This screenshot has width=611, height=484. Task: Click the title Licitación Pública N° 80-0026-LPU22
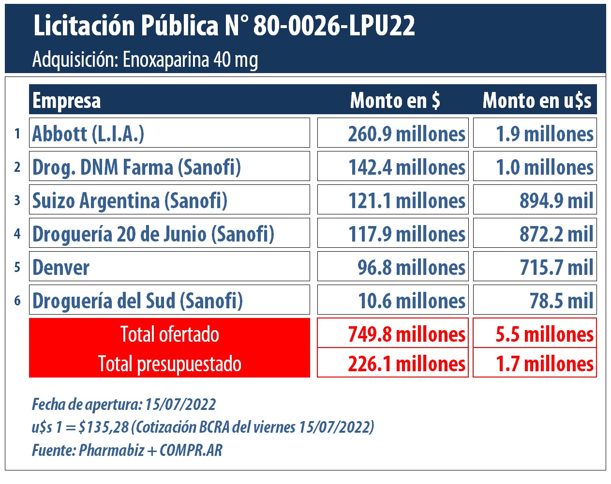click(224, 26)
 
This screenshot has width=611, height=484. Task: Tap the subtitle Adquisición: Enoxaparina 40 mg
click(145, 60)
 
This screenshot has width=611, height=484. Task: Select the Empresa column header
click(67, 101)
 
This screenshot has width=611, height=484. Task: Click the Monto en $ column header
click(395, 101)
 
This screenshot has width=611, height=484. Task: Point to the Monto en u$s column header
click(536, 101)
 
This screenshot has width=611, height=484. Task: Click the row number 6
click(17, 301)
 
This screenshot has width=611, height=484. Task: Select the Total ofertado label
click(169, 334)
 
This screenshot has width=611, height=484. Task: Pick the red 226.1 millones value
click(406, 363)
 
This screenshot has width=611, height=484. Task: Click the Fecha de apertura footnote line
click(124, 404)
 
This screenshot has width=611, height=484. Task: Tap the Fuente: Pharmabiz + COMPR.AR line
click(127, 450)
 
